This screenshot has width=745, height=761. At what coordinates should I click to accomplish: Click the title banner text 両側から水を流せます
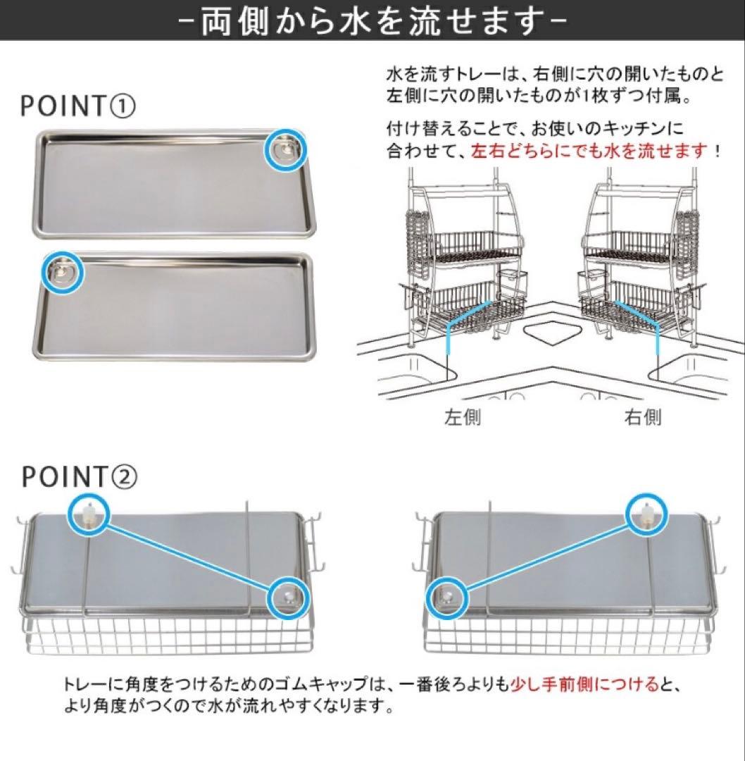pyautogui.click(x=372, y=21)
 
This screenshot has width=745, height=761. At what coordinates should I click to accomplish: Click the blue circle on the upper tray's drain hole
pyautogui.click(x=286, y=150)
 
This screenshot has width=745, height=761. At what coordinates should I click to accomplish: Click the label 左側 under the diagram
pyautogui.click(x=463, y=418)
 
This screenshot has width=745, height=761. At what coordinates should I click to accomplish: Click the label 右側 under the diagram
pyautogui.click(x=643, y=418)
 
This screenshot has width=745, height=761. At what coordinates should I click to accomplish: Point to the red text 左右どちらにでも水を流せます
pyautogui.click(x=589, y=150)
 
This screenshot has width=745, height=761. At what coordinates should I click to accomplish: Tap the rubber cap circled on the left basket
pyautogui.click(x=89, y=514)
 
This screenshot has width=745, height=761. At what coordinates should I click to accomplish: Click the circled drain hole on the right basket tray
pyautogui.click(x=447, y=599)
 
